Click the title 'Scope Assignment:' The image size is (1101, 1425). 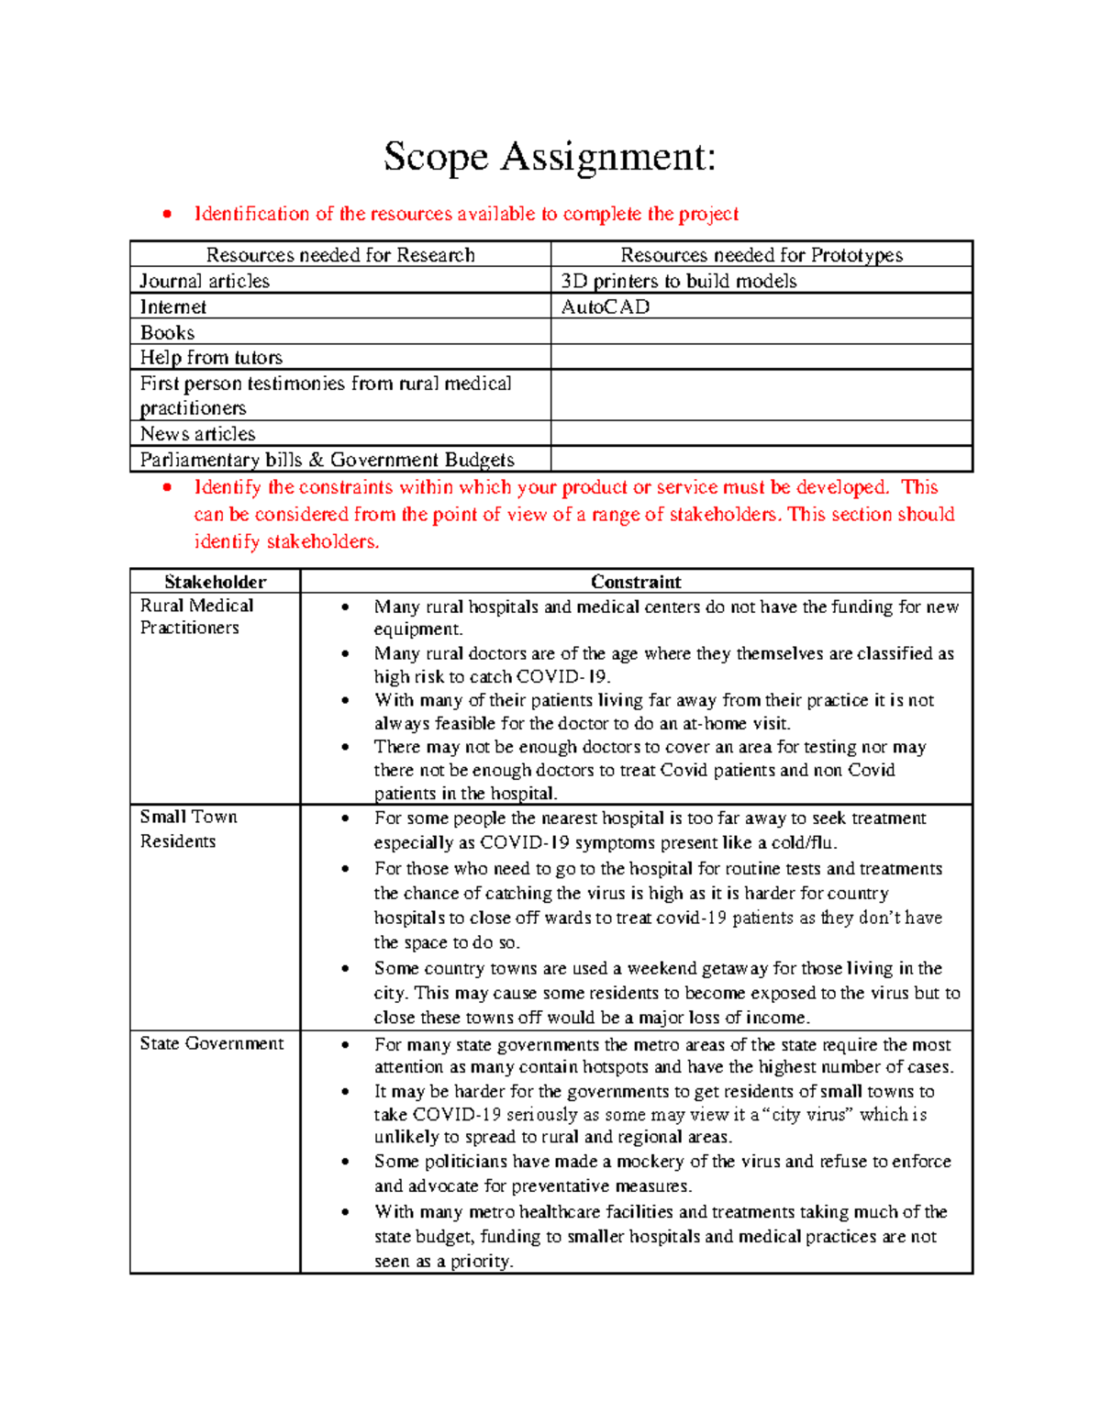coord(550,157)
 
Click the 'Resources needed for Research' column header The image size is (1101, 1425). coord(340,255)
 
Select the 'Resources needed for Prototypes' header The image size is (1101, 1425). coord(762,255)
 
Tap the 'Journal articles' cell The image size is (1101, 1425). coord(205,281)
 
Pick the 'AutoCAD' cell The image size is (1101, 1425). coord(606,306)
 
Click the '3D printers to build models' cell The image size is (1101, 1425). coord(679,281)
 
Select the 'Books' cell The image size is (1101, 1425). coord(167,332)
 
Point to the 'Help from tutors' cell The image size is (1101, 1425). coord(211,357)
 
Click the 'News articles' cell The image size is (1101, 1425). coord(197,433)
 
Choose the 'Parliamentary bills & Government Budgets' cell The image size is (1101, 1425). coord(327,459)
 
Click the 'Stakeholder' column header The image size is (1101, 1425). coord(215,582)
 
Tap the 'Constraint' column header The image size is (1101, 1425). coord(636,582)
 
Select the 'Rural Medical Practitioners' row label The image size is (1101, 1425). coord(196,617)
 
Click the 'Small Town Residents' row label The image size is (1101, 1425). coord(188,829)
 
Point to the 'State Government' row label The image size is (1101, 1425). coord(212,1043)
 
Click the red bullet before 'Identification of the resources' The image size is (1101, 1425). coord(167,215)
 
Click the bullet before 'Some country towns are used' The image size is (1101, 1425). coord(345,969)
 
